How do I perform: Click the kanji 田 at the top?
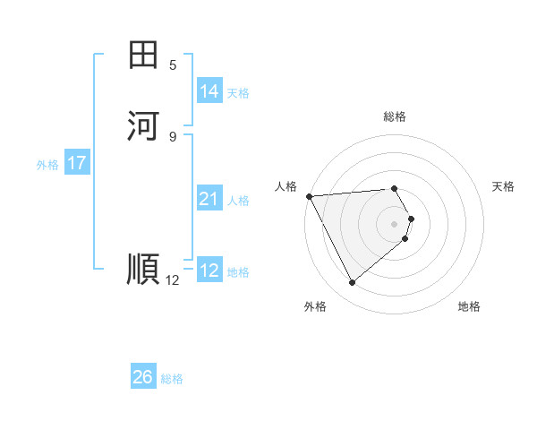click(x=143, y=55)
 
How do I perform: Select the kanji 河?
click(x=143, y=125)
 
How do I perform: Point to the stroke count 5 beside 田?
click(x=173, y=65)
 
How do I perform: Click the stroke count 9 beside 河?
click(x=173, y=136)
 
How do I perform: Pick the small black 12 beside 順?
click(x=173, y=280)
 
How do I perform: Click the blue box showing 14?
click(x=209, y=91)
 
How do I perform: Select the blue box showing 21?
click(x=209, y=199)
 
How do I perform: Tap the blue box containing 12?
click(x=209, y=271)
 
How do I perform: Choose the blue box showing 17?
click(x=77, y=163)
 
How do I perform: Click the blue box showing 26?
click(x=142, y=377)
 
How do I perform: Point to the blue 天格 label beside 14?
click(x=238, y=93)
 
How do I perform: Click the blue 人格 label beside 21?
click(x=238, y=201)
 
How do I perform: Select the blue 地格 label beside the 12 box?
click(x=238, y=272)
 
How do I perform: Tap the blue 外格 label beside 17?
click(x=47, y=165)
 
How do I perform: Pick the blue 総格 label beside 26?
click(x=172, y=379)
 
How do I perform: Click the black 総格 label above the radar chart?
click(x=395, y=116)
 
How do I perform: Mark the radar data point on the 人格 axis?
click(x=308, y=195)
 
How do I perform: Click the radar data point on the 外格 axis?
click(x=352, y=283)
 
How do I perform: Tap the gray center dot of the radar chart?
click(x=395, y=223)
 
